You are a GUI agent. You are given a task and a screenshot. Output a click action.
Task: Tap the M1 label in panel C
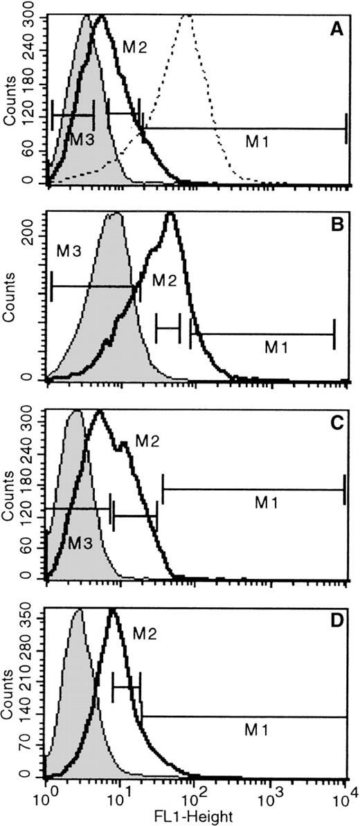tap(265, 505)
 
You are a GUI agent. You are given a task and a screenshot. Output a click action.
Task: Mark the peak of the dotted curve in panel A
tap(187, 17)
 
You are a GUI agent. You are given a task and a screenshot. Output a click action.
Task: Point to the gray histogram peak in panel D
tap(78, 610)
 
